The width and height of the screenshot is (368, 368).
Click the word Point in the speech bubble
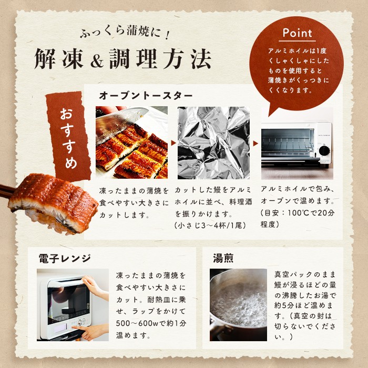298,33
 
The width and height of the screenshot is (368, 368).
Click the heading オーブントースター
146,96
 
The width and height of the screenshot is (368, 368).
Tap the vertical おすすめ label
68,138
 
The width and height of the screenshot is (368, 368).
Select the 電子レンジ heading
65,259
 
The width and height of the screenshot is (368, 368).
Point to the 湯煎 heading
223,258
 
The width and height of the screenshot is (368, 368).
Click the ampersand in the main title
97,60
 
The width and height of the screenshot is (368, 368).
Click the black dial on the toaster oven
324,151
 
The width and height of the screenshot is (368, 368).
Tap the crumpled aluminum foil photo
213,142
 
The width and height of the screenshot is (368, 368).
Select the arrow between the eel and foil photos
173,142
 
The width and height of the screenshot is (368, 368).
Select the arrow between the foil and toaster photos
255,143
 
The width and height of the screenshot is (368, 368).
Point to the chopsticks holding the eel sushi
6,191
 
